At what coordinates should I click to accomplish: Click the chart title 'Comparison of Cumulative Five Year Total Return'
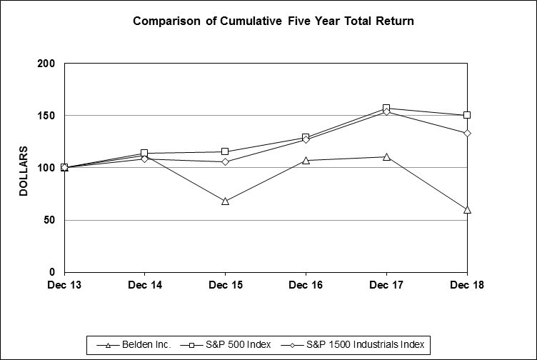[273, 21]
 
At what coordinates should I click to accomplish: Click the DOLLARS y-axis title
[24, 171]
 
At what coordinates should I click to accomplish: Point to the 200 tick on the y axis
[46, 64]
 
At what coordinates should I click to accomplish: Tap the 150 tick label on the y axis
[46, 116]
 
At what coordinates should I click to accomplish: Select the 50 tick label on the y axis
[49, 220]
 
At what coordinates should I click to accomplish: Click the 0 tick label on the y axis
[52, 272]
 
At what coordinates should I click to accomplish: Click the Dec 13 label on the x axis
[64, 286]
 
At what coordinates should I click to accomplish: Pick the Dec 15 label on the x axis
[225, 286]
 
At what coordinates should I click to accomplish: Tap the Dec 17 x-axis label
[386, 286]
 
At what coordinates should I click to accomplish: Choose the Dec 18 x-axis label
[466, 286]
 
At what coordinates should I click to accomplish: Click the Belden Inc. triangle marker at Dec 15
[226, 201]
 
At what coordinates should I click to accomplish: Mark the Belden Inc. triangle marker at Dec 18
[467, 210]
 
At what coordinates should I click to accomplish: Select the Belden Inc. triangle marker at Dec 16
[306, 161]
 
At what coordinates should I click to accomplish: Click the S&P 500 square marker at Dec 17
[386, 109]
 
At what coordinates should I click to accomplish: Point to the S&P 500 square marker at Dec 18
[467, 115]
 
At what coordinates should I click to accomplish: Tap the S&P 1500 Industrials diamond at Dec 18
[467, 134]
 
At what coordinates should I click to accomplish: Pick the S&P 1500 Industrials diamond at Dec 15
[226, 162]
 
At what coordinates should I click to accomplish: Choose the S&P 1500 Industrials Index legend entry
[356, 345]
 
